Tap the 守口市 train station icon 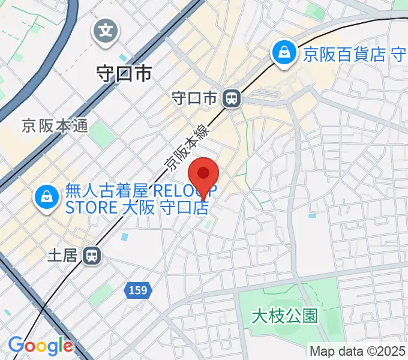click(231, 98)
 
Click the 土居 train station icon click(92, 256)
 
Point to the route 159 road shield click(138, 290)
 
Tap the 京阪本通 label click(55, 126)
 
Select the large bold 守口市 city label click(124, 74)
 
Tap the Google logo click(40, 346)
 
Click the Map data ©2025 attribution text click(357, 351)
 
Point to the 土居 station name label click(63, 256)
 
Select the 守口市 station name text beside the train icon click(193, 98)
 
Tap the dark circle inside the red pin click(203, 173)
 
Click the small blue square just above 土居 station click(124, 237)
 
